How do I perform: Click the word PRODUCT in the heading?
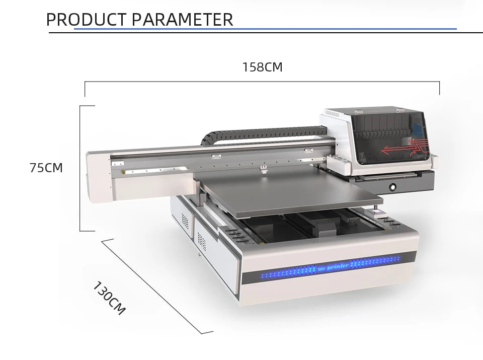pos(86,20)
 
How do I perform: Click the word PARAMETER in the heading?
pos(182,20)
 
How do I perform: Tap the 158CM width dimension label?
pos(263,67)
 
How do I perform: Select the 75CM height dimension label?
pos(46,168)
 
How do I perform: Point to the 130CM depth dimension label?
pos(109,298)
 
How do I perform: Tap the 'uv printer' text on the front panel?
pos(333,267)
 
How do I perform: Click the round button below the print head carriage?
pos(392,187)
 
